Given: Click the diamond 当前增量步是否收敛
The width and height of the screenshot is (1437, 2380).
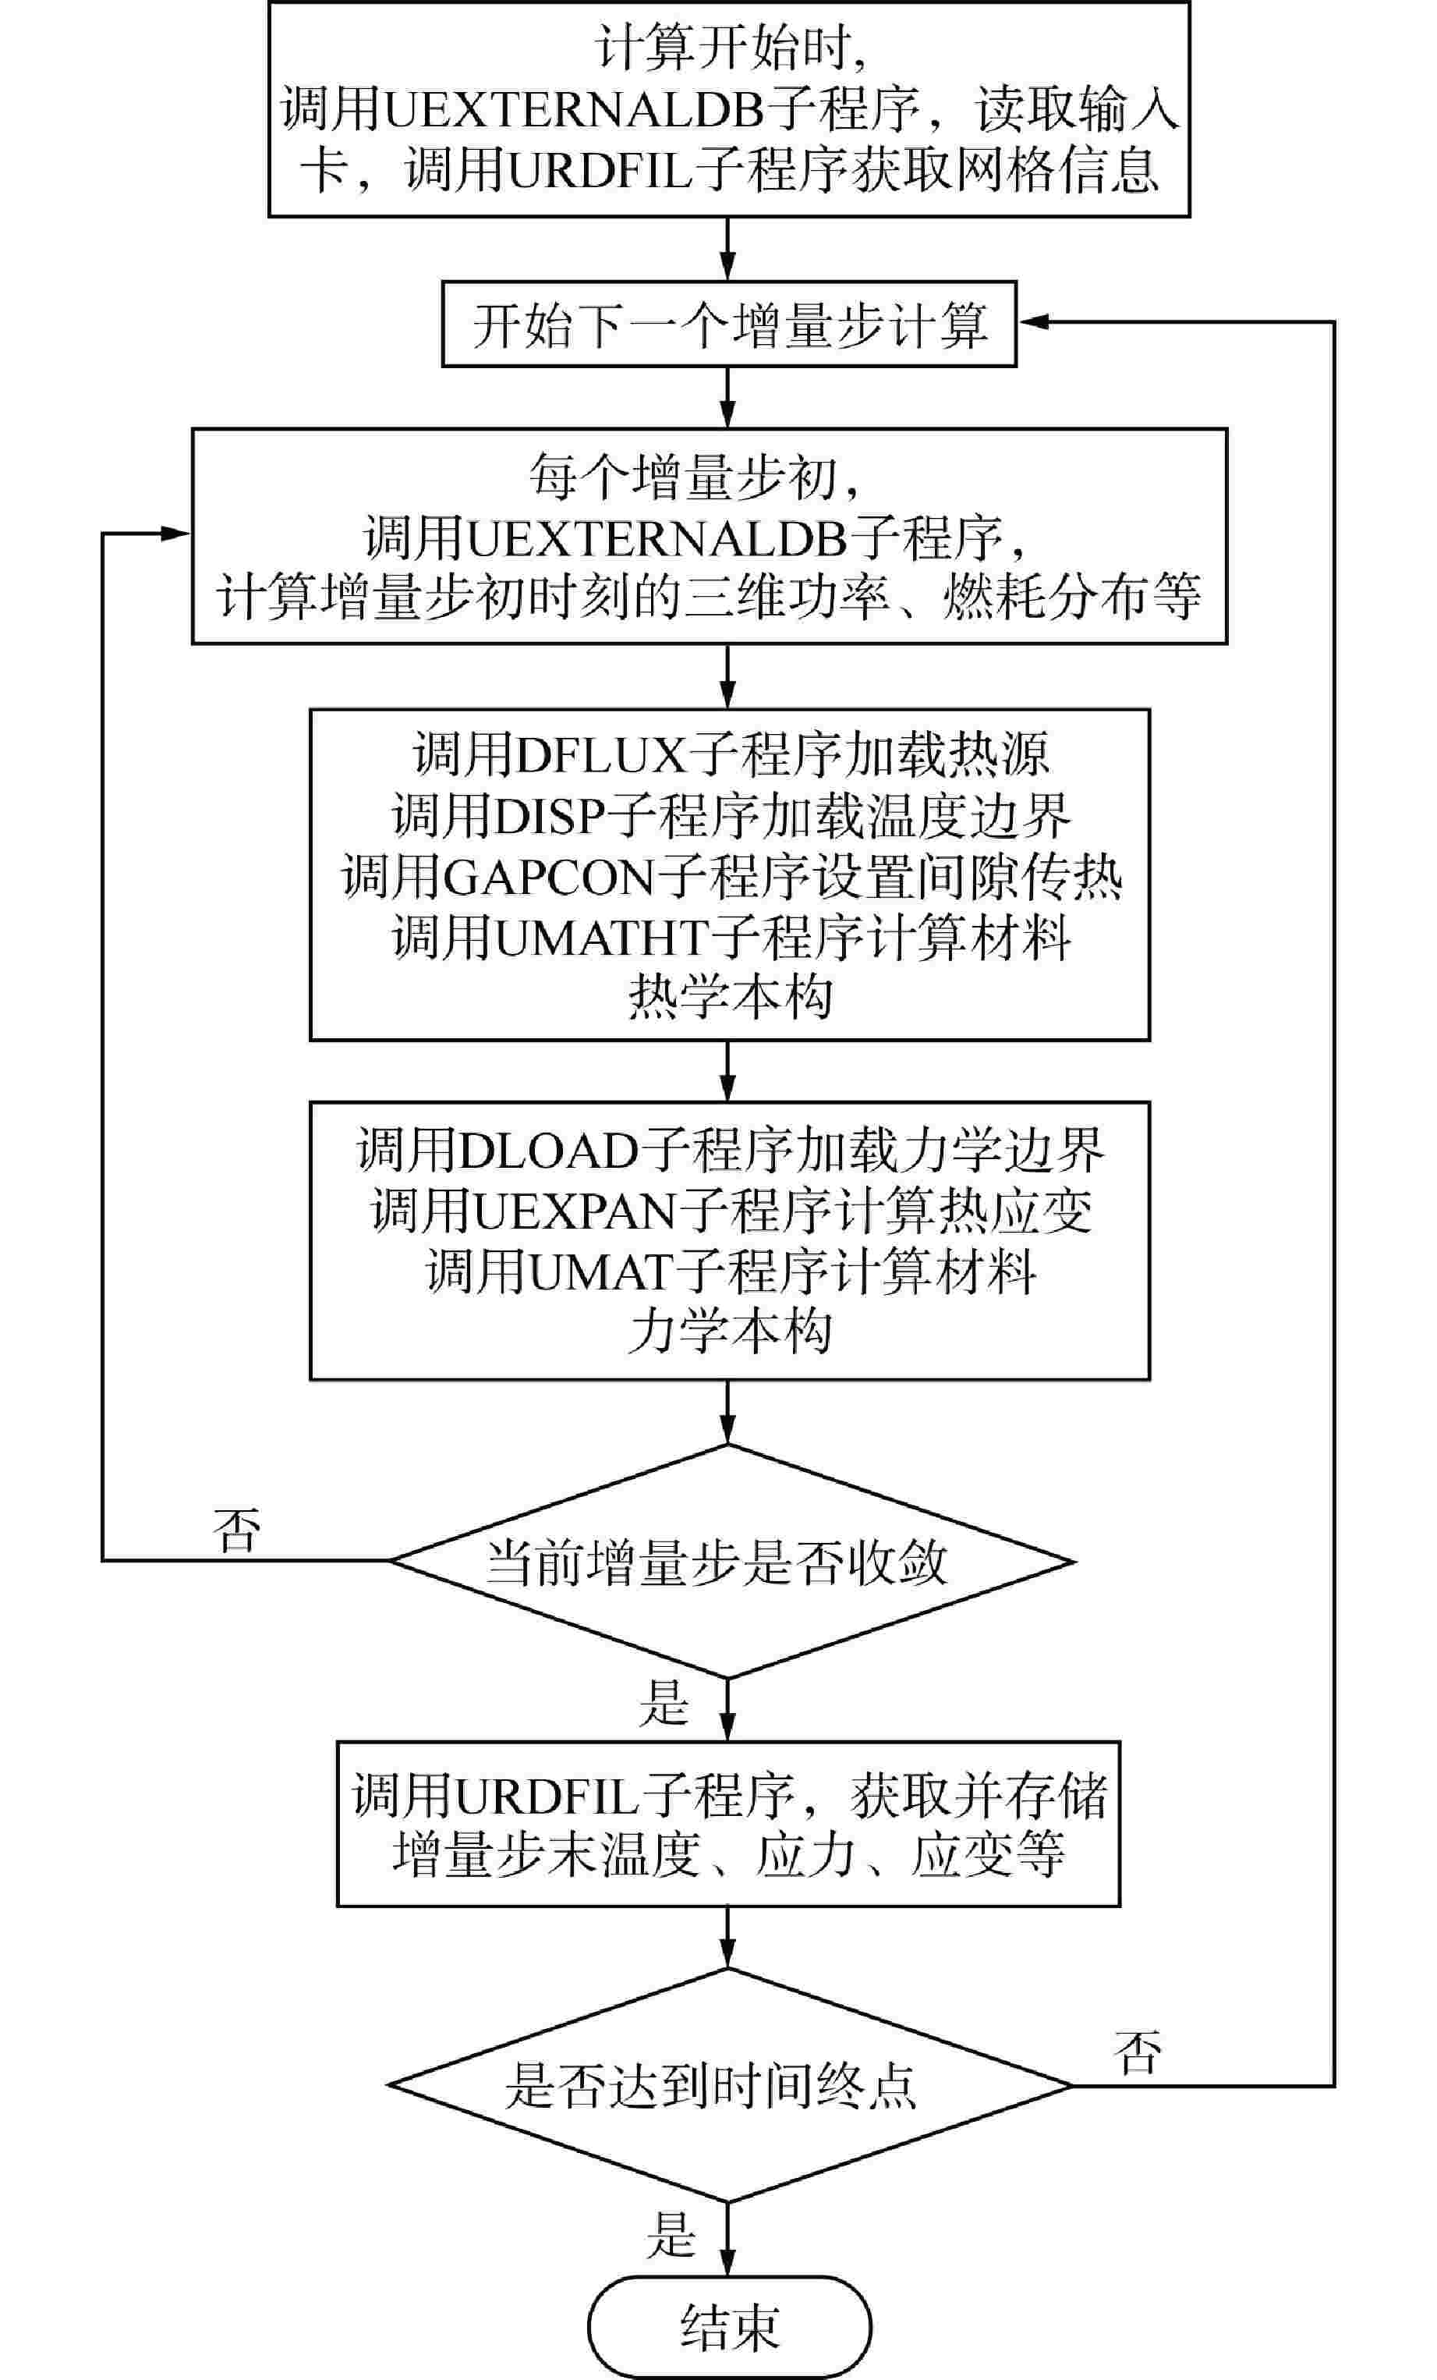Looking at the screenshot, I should [x=729, y=1562].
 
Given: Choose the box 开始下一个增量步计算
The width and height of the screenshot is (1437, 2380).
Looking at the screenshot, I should [x=729, y=325].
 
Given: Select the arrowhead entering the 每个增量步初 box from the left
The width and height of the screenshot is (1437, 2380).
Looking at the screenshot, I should [x=175, y=534].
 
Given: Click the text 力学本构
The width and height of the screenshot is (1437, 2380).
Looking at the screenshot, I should [x=729, y=1333].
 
